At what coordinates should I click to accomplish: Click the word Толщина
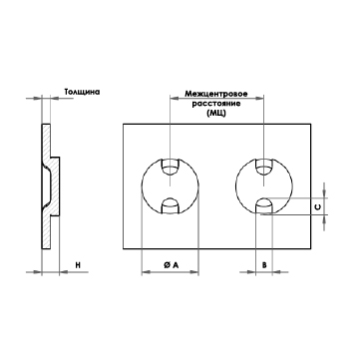coord(82,92)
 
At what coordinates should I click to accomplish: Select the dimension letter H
coord(78,265)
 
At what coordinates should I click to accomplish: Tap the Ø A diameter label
coord(171,265)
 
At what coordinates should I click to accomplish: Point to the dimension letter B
coord(264,265)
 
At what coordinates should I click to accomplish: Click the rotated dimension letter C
coord(318,206)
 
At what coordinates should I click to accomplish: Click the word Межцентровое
coord(216,94)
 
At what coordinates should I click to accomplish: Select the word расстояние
coord(216,104)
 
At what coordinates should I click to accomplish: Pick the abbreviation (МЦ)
coord(216,114)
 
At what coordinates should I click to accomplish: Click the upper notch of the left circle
coord(170,167)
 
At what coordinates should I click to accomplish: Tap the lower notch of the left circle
coord(170,205)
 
